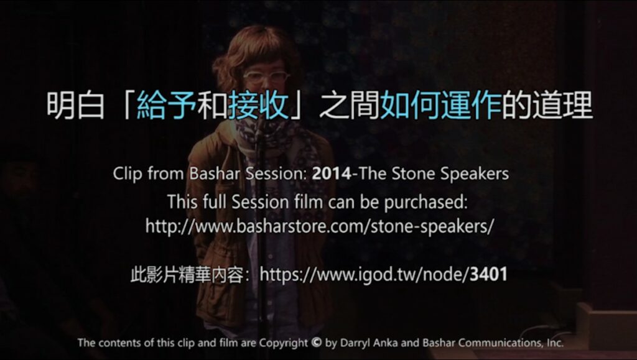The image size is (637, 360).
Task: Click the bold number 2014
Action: coord(331,173)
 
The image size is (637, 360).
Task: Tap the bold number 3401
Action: coord(488,274)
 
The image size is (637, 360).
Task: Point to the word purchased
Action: coord(425,202)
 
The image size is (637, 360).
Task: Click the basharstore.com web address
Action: coord(320,226)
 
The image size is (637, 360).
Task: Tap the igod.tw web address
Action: coord(383,274)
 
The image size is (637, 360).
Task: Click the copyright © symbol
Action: coord(317,343)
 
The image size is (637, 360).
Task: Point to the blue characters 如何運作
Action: coord(441,106)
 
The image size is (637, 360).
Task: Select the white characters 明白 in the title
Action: coord(75,106)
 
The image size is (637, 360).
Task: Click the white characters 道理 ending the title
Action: coord(562,106)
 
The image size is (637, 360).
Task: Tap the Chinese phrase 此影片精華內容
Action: coord(187,275)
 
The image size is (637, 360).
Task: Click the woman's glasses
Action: coord(266,77)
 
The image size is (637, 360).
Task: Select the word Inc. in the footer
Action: coord(555,343)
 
